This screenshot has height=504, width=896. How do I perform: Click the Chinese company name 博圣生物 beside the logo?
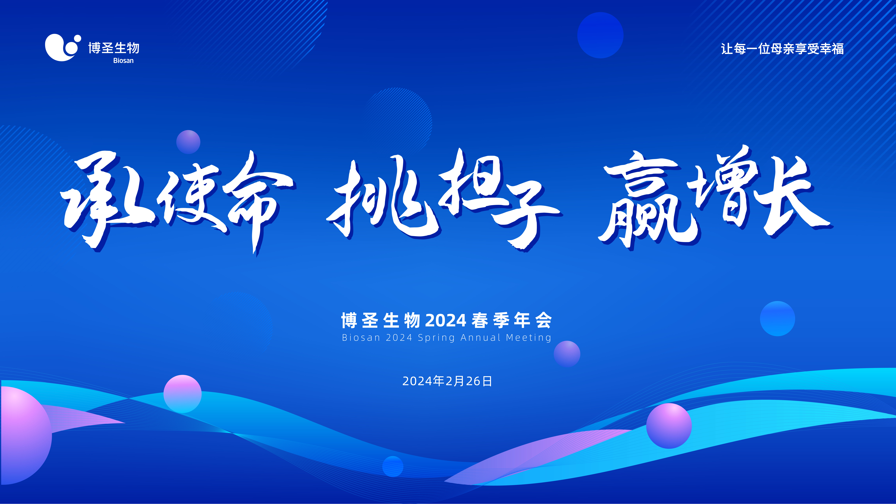click(x=114, y=48)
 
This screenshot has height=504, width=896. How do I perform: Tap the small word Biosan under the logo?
click(x=123, y=60)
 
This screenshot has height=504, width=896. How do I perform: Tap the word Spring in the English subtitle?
click(x=436, y=338)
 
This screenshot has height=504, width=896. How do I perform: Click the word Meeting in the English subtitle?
click(x=529, y=338)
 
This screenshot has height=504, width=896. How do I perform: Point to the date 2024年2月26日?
click(x=447, y=381)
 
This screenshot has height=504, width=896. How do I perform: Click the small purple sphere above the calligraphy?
click(x=188, y=142)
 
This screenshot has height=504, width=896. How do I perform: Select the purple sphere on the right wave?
click(x=669, y=426)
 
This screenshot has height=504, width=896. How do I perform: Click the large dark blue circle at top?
click(x=600, y=35)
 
